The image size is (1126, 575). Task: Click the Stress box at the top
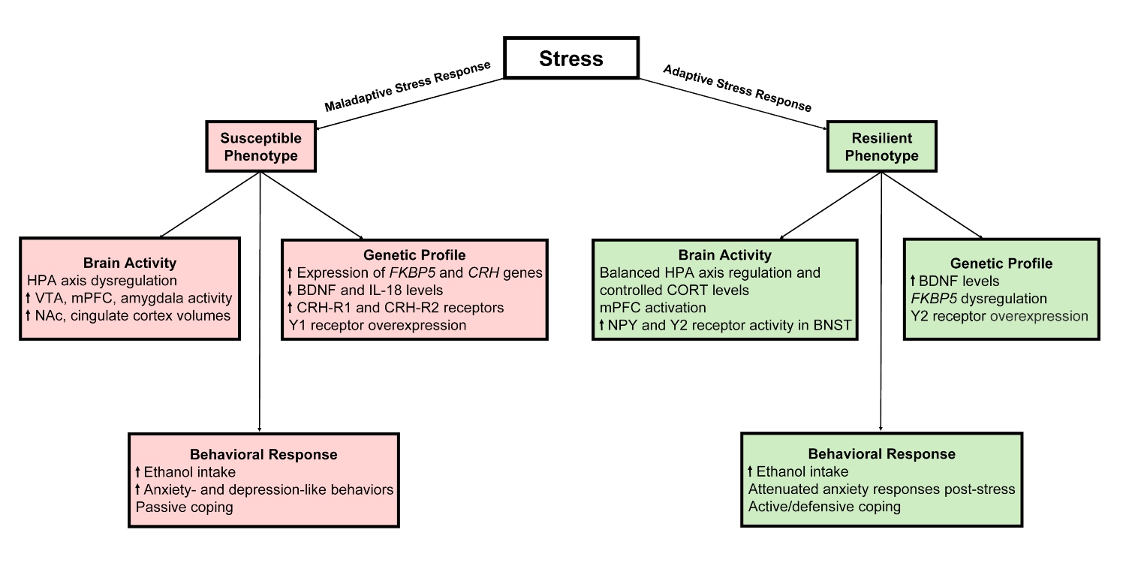(571, 58)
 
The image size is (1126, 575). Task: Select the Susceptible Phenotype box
(260, 147)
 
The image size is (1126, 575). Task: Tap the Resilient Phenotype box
(881, 147)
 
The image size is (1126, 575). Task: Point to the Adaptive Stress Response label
(737, 88)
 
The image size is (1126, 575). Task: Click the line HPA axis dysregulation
(101, 281)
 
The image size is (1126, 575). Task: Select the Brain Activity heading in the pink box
(131, 263)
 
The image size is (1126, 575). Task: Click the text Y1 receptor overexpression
(377, 325)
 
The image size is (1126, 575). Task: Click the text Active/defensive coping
(824, 506)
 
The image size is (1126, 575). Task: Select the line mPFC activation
(653, 308)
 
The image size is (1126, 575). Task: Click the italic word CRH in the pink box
(486, 273)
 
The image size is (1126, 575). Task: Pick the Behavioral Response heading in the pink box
(263, 455)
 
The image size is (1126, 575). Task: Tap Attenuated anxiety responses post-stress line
(882, 489)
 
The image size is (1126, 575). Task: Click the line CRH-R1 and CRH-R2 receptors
(395, 308)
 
